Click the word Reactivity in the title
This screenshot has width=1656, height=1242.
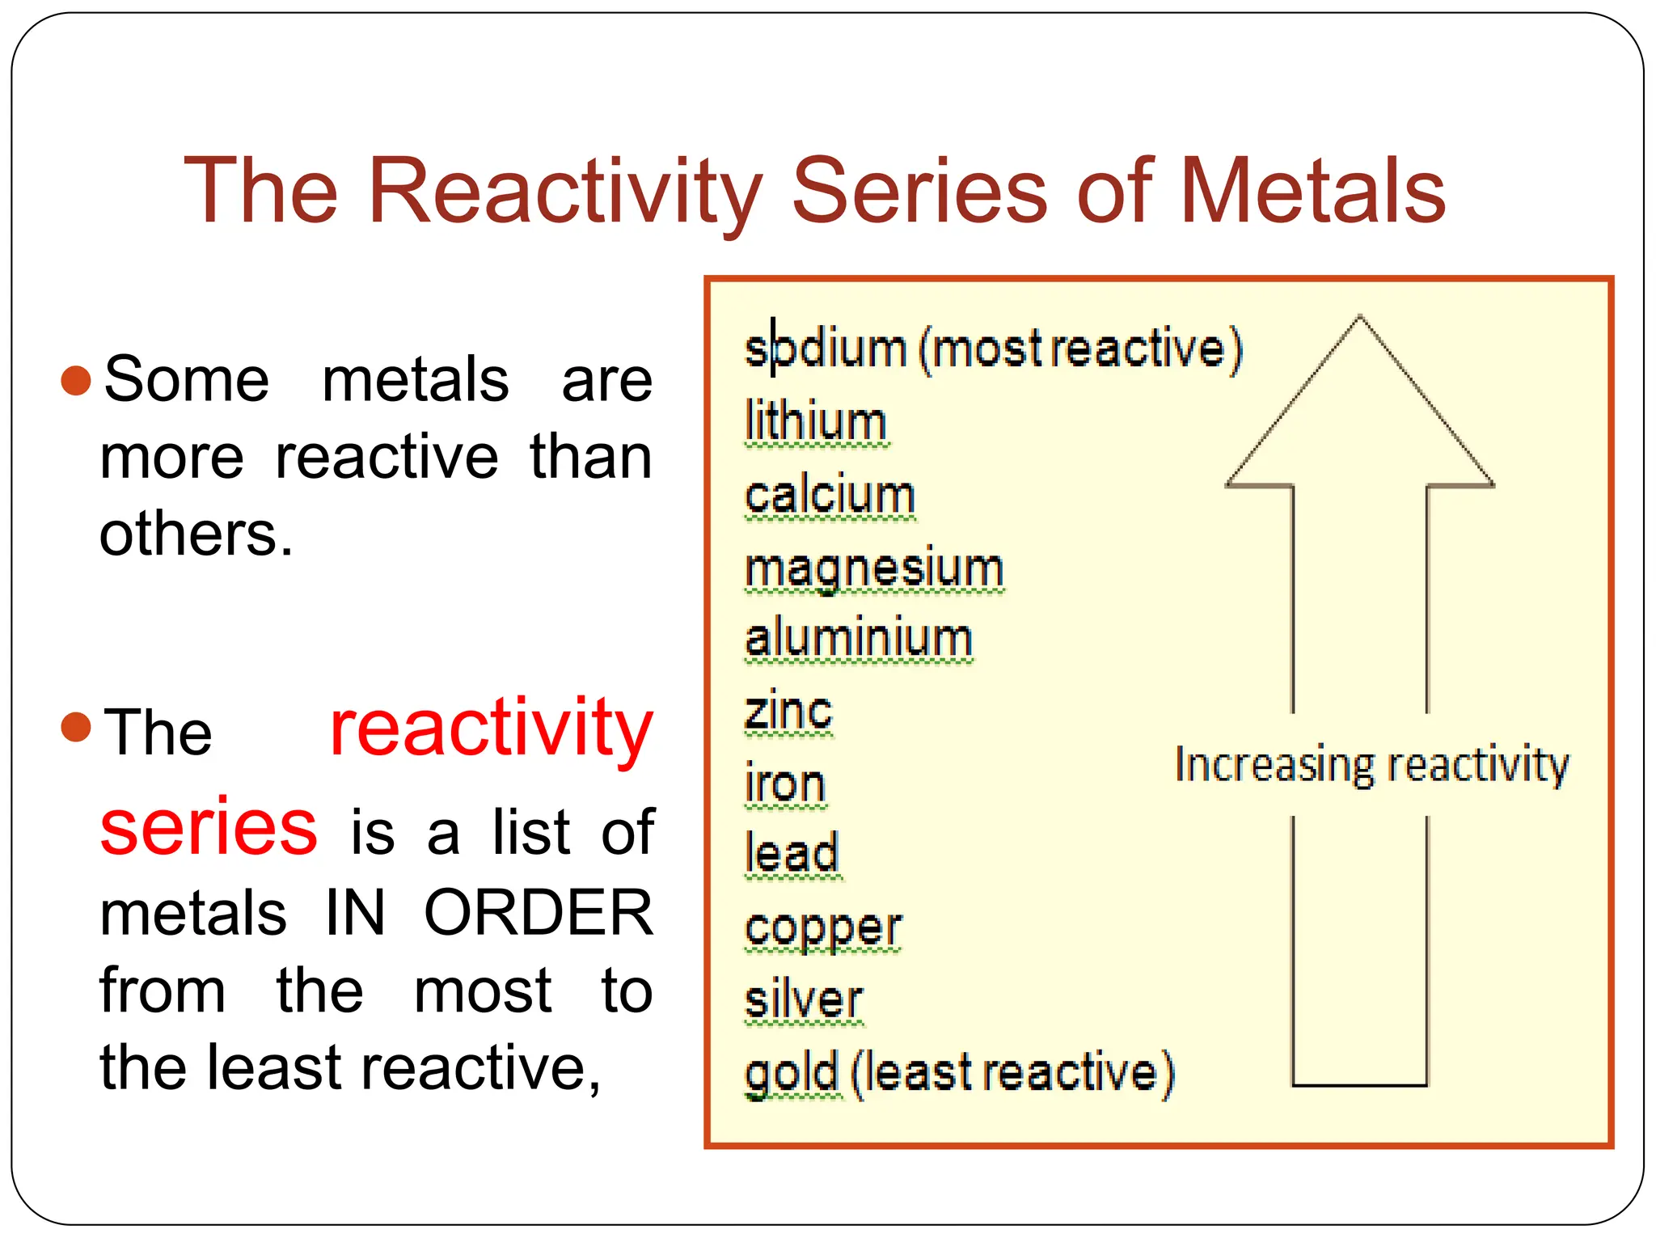coord(564,192)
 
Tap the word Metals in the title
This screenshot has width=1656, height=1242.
coord(1313,192)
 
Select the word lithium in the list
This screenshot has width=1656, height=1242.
coord(815,422)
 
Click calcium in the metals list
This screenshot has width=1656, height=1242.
coord(829,495)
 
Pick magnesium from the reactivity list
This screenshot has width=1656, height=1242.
coord(873,568)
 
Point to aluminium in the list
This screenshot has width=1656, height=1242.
coord(858,639)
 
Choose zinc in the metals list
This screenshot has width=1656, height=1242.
coord(788,712)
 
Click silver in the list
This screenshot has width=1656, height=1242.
coord(803,1000)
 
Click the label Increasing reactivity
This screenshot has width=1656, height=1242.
coord(1371,765)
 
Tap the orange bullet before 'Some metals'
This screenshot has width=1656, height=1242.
coord(76,381)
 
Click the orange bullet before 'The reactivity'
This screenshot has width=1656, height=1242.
coord(76,727)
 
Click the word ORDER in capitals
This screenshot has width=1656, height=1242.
coord(538,913)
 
